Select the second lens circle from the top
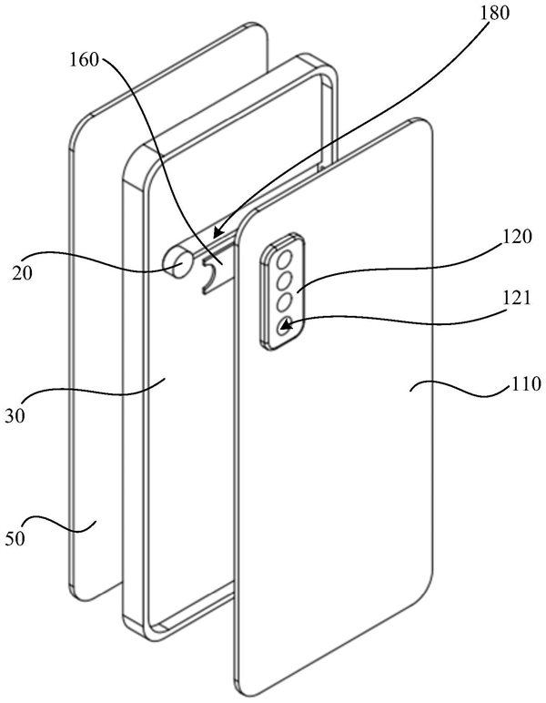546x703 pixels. click(286, 280)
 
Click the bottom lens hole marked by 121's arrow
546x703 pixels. click(285, 323)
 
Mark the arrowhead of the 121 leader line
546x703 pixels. click(285, 324)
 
